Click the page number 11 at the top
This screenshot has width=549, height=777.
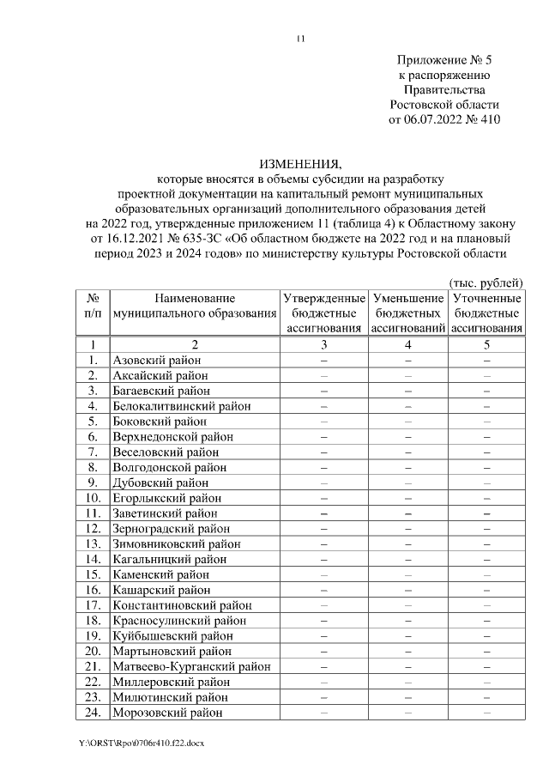pos(299,39)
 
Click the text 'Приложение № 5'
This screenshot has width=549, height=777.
pos(444,60)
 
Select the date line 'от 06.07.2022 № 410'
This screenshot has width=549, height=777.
pos(444,119)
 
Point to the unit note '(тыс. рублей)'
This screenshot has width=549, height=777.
pos(486,282)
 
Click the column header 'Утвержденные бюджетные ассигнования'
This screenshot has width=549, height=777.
pos(323,313)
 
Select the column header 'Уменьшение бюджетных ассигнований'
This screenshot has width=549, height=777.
pos(408,313)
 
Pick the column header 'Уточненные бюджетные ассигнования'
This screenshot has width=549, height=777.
pos(486,313)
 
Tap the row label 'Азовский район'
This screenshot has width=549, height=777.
pos(156,361)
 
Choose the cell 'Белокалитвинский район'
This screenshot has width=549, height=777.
pos(182,406)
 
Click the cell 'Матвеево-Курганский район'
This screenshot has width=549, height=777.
pos(191,666)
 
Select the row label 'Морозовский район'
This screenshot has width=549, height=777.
pos(167,713)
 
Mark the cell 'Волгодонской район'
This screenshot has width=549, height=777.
pos(170,468)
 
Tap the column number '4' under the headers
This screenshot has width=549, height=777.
pos(408,344)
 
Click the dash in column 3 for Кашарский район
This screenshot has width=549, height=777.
pos(323,590)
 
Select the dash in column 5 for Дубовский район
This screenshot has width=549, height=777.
pos(486,483)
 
